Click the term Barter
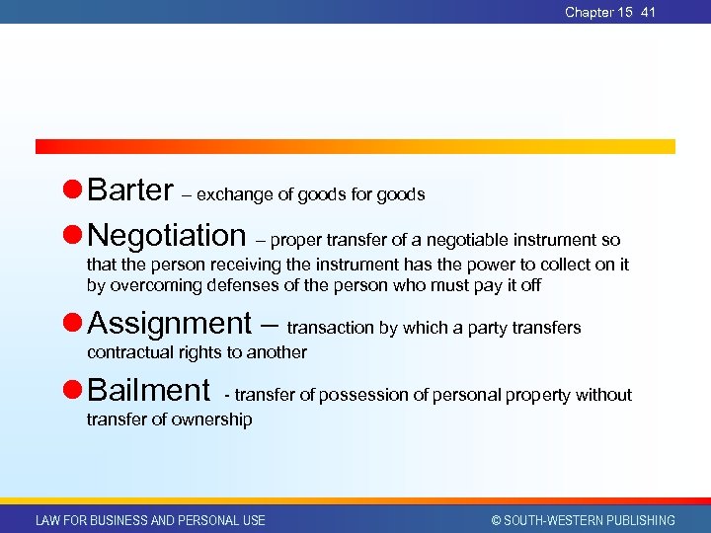point(130,190)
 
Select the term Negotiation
point(167,235)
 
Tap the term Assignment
point(169,323)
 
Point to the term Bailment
point(148,390)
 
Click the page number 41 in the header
point(648,12)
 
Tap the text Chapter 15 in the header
point(598,12)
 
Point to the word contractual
point(127,352)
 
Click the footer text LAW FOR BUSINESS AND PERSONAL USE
point(150,520)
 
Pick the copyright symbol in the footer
point(497,520)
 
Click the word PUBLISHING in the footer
point(638,520)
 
